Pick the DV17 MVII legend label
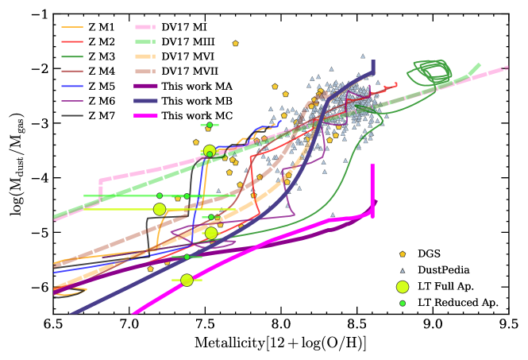tap(191, 71)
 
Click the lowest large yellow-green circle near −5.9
tap(187, 280)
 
